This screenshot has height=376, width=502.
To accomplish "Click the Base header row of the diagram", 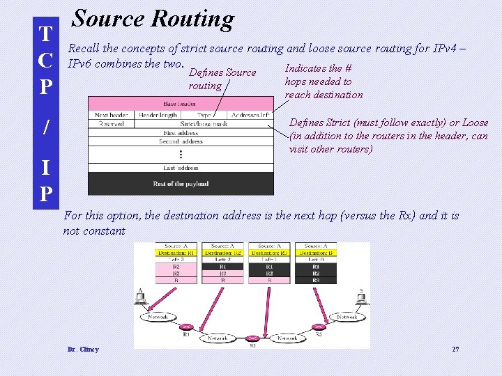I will tap(180, 104).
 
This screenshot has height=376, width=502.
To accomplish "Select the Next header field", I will tap(112, 115).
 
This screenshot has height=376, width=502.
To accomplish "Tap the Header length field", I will tap(158, 115).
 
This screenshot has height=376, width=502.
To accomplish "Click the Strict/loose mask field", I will tap(204, 124).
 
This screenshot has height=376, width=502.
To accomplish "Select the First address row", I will tap(181, 132).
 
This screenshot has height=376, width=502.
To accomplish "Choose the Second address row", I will tap(181, 141).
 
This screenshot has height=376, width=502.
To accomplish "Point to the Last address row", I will tap(181, 168).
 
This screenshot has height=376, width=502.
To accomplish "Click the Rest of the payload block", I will tap(181, 184).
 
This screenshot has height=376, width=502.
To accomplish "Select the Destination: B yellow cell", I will tap(316, 253).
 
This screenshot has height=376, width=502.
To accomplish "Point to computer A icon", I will tap(142, 300).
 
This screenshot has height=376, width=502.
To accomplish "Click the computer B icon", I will tap(360, 300).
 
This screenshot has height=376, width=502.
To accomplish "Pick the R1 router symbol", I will tap(186, 327).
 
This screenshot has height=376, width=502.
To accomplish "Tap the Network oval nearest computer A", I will tap(159, 317).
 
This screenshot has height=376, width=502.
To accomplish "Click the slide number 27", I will tap(455, 350).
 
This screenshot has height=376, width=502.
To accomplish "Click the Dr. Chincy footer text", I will tap(83, 350).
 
